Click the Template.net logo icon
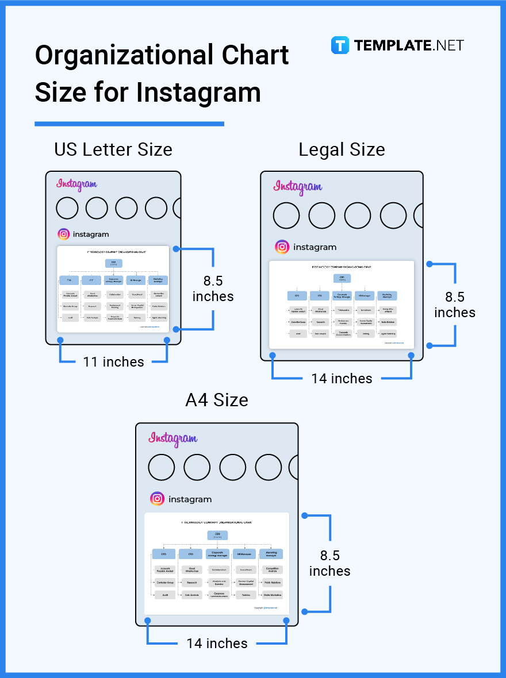(340, 45)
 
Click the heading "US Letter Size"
(113, 149)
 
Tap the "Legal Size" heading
(342, 149)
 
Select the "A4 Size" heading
(217, 400)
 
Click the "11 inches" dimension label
(113, 362)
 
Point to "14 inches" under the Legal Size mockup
(342, 379)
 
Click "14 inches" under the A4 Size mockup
(217, 644)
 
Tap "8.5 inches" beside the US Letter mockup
(213, 288)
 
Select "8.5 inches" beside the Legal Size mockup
(454, 305)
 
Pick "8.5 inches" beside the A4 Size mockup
(329, 563)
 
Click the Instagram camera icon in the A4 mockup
(157, 499)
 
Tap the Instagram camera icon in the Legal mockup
(282, 247)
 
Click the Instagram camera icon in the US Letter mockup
(64, 234)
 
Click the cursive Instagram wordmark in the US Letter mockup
(76, 184)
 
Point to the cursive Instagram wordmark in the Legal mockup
(297, 187)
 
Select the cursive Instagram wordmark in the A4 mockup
(172, 439)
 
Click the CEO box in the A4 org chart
(217, 535)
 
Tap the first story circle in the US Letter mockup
(67, 208)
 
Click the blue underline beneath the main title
(129, 124)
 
